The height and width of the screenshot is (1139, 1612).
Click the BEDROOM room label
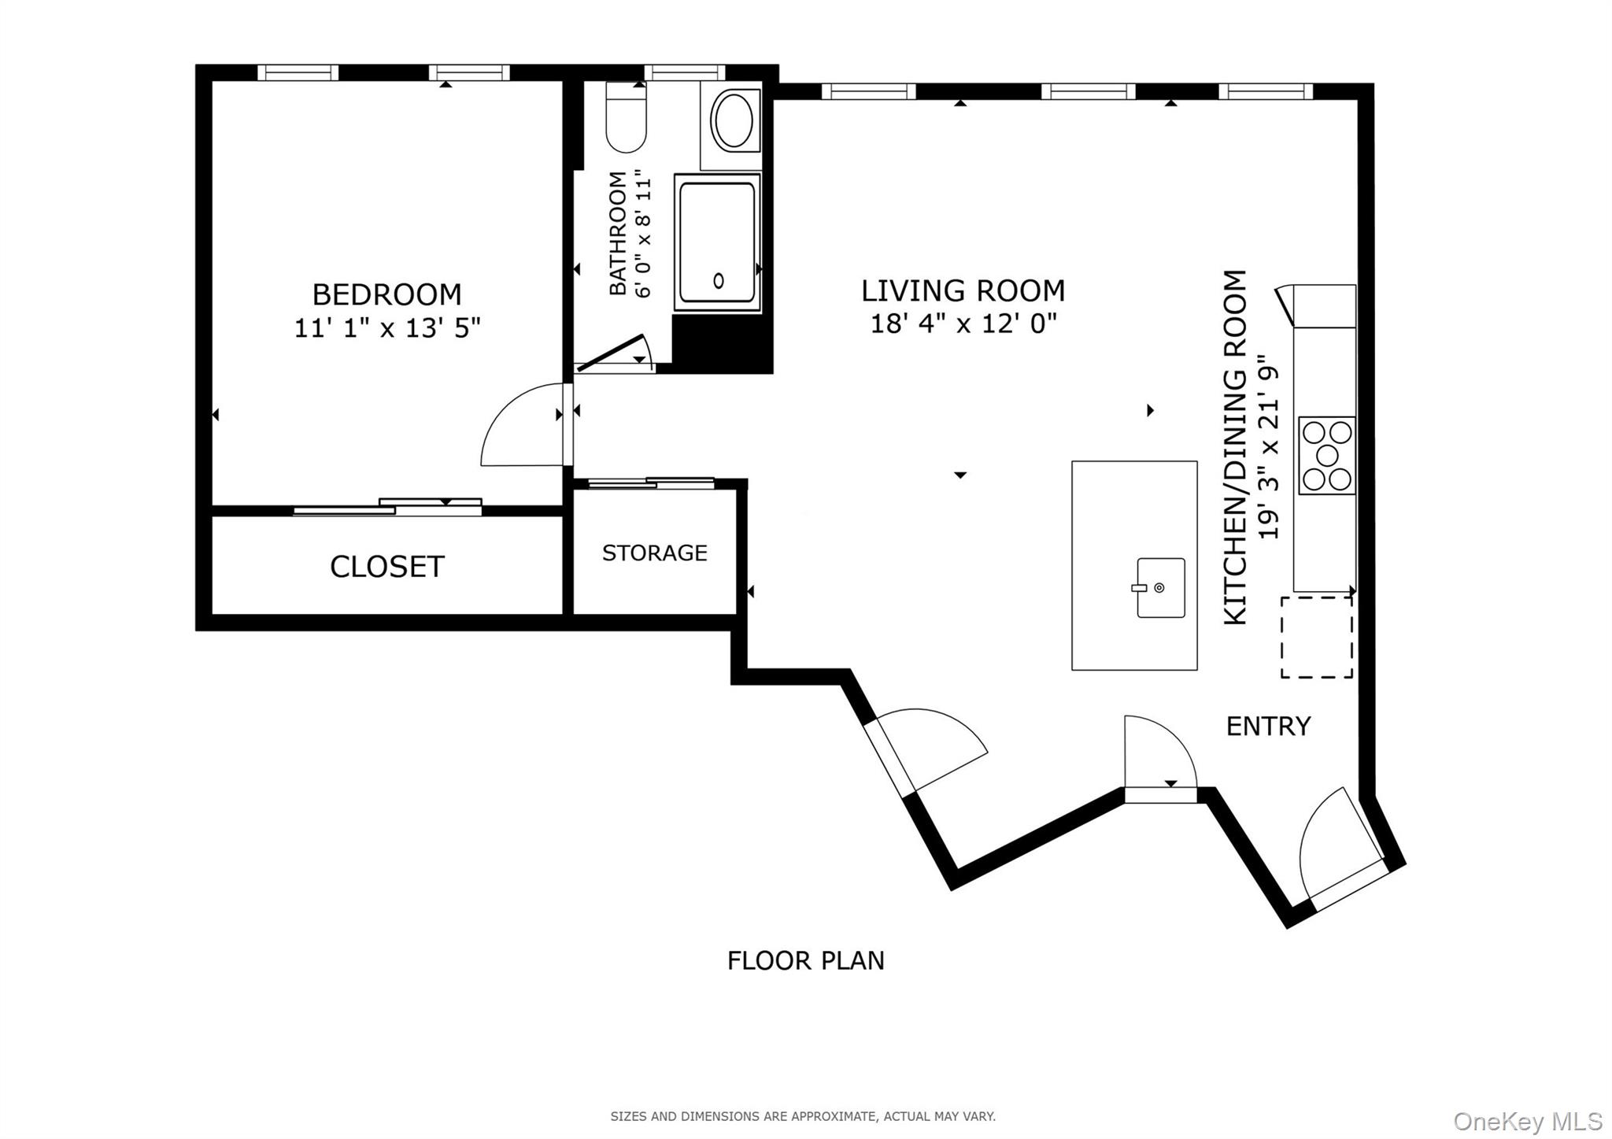[x=386, y=294]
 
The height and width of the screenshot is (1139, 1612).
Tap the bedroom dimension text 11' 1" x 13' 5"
[x=386, y=327]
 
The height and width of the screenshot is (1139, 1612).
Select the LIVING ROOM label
[x=963, y=291]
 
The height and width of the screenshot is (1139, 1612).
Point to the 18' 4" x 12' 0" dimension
[x=963, y=324]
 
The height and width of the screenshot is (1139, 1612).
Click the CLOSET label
[x=386, y=567]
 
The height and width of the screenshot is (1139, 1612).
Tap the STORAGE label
[x=654, y=553]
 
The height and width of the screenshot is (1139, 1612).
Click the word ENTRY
[x=1268, y=726]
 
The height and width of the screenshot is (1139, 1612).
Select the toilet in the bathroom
[x=626, y=122]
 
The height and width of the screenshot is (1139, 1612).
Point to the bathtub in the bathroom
[x=717, y=242]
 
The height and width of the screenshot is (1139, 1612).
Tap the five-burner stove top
[x=1326, y=455]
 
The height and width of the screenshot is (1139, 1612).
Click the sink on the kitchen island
[x=1160, y=588]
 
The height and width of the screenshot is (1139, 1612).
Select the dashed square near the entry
[x=1316, y=637]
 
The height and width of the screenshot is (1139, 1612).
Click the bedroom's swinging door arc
[x=519, y=425]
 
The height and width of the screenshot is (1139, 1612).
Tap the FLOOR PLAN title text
[x=805, y=961]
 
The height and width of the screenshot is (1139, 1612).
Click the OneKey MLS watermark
[x=1527, y=1121]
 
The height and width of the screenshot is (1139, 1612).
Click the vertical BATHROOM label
[x=619, y=233]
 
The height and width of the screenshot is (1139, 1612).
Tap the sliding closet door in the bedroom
[x=387, y=508]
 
